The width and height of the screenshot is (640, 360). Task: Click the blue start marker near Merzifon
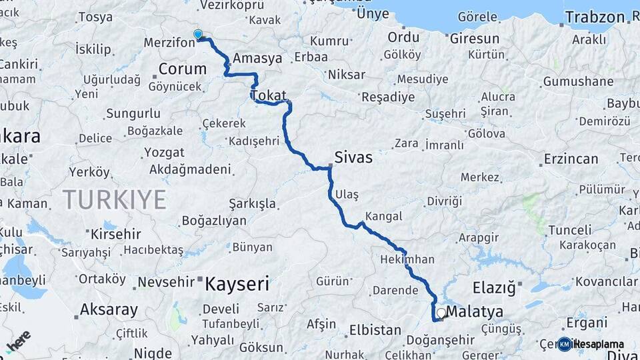point(197,34)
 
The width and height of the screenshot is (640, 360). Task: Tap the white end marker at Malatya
point(441,312)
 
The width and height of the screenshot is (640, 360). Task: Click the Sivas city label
point(353,159)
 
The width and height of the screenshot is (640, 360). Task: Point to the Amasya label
point(257,59)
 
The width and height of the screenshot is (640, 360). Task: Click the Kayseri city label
point(237,285)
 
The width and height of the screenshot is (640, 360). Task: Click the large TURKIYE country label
point(114,199)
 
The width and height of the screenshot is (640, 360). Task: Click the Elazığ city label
point(494,288)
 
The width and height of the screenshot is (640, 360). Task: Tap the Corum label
point(182,68)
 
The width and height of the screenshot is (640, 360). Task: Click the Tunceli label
point(569,230)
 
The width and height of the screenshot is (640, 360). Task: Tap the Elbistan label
point(379,329)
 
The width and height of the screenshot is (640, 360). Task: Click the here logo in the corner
point(19,341)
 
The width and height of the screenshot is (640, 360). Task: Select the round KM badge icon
point(565,344)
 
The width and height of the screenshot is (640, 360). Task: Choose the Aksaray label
point(109,309)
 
